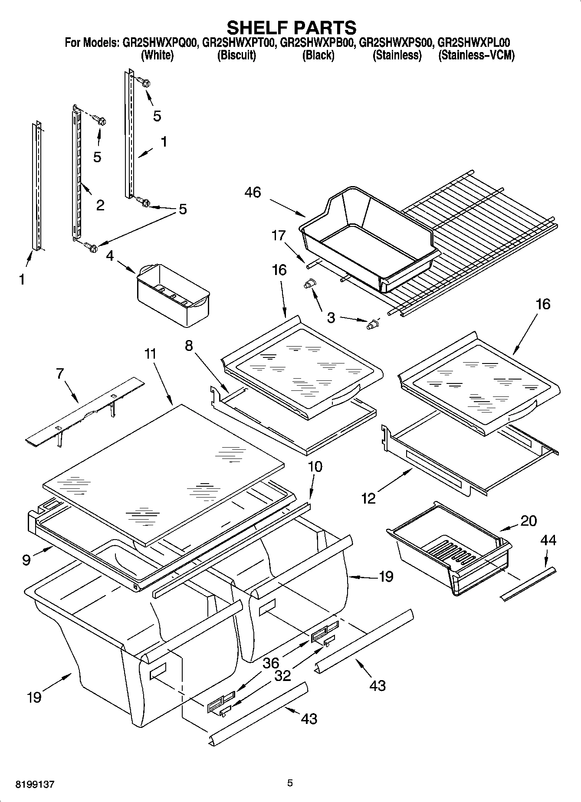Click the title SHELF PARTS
(292, 28)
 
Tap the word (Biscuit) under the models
(236, 56)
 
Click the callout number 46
(253, 192)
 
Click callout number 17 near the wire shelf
(279, 236)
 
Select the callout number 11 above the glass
(150, 354)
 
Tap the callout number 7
(60, 373)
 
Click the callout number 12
(368, 498)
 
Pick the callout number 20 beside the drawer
(528, 520)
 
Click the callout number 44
(548, 540)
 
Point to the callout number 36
(271, 663)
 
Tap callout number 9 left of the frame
(26, 560)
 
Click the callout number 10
(315, 467)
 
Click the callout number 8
(189, 346)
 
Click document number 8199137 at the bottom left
(35, 785)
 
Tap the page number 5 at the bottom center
(290, 783)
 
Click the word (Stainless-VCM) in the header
(476, 56)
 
